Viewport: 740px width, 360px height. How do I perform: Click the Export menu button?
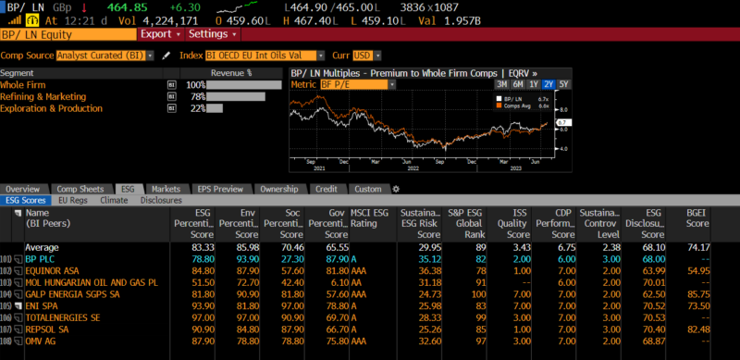tap(159, 34)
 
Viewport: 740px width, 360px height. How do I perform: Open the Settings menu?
tap(211, 34)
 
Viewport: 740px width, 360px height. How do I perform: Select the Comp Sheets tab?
tap(78, 189)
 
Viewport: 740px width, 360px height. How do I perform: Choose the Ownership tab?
tap(278, 189)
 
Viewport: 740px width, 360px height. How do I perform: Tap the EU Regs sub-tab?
tap(73, 200)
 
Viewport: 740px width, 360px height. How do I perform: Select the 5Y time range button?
tap(564, 84)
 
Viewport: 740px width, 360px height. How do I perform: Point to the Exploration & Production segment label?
tap(51, 108)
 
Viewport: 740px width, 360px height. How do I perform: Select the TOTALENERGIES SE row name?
tap(62, 317)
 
